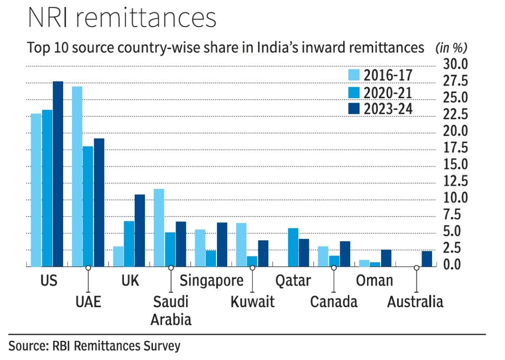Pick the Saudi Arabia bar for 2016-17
[159, 227]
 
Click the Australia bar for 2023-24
[427, 259]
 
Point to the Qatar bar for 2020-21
[293, 247]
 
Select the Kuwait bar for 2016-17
[241, 244]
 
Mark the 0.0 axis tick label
[456, 264]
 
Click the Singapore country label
[212, 281]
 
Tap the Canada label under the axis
[334, 301]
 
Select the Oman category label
[374, 281]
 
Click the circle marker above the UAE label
[88, 267]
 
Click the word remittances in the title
[150, 19]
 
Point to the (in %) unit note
[451, 48]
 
